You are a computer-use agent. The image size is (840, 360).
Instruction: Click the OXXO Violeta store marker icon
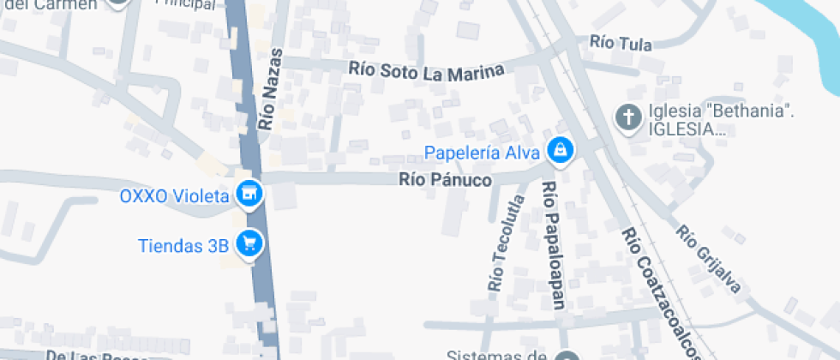[x=249, y=195]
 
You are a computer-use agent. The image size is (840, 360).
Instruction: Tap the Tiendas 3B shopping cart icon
[x=250, y=244]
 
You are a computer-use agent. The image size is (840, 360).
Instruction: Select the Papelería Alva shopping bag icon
[x=560, y=151]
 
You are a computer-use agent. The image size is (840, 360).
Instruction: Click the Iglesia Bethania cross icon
[x=629, y=117]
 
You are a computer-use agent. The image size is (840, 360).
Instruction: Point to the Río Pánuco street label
[x=445, y=181]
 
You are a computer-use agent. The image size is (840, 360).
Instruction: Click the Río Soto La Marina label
[x=426, y=70]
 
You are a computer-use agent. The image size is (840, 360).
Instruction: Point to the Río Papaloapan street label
[x=553, y=243]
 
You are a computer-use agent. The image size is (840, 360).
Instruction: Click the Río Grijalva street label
[x=709, y=259]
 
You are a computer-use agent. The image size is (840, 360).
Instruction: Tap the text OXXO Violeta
[x=174, y=195]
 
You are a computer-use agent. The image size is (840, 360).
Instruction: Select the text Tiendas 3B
[x=183, y=245]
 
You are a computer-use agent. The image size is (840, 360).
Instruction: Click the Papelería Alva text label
[x=482, y=153]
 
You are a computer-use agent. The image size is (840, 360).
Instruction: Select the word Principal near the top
[x=185, y=3]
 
